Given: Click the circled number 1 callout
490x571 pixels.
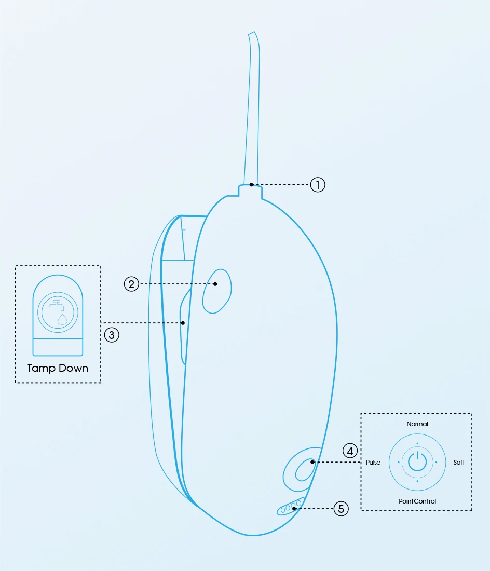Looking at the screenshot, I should click(318, 185).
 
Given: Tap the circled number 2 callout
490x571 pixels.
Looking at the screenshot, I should click(131, 284).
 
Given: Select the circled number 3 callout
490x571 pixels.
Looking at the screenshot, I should click(112, 335).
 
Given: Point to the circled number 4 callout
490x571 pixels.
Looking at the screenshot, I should click(350, 451).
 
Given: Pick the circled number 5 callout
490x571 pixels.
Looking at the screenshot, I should click(341, 508).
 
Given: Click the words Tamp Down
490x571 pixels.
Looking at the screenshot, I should click(58, 369).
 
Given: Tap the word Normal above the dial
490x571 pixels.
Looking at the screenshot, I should click(417, 424).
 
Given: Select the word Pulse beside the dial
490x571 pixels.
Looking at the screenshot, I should click(373, 463).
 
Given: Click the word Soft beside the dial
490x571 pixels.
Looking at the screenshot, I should click(459, 463).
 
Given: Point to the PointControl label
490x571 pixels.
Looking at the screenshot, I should click(417, 501).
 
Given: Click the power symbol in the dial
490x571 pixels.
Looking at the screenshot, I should click(417, 461).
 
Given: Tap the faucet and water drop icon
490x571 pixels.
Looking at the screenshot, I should click(58, 312).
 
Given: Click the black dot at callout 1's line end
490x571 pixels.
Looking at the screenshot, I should click(251, 184).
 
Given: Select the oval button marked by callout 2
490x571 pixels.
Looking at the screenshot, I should click(216, 291).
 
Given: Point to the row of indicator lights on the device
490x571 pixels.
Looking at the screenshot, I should click(290, 507).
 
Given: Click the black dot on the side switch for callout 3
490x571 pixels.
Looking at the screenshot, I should click(183, 323).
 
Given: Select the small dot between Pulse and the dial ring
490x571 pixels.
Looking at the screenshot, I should click(399, 462).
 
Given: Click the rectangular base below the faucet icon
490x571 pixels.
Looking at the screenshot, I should click(58, 347).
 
